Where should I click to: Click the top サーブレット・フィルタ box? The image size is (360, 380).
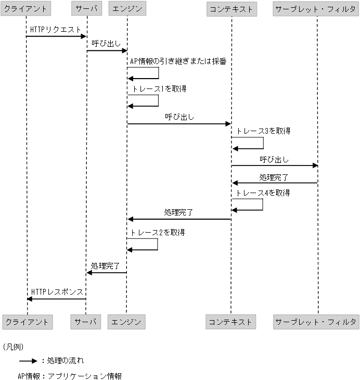[x=316, y=8]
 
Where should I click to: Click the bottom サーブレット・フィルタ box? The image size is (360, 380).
[x=316, y=322]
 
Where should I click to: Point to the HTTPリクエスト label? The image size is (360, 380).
[x=56, y=30]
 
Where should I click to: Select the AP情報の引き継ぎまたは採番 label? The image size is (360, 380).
[x=178, y=61]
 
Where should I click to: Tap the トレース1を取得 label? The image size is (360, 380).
[x=159, y=89]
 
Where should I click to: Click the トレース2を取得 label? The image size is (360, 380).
[x=158, y=233]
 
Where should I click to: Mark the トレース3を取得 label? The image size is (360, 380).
[x=263, y=131]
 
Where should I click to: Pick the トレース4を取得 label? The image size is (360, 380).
[x=263, y=193]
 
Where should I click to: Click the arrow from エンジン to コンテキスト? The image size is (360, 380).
[x=179, y=124]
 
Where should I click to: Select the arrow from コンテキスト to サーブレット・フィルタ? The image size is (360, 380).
[x=275, y=166]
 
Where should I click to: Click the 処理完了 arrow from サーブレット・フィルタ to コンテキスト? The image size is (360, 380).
[x=275, y=183]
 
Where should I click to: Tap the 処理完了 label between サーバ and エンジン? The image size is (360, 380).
[x=106, y=265]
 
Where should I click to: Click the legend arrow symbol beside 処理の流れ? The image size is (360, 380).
[x=28, y=360]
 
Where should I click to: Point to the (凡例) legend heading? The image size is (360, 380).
[x=13, y=346]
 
